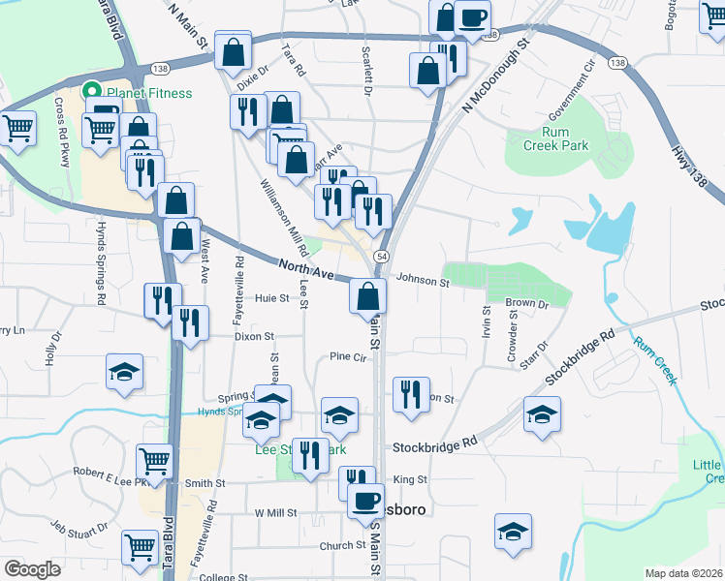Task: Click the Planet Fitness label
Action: point(149,93)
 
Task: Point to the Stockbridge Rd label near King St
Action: point(435,446)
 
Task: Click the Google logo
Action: point(32,568)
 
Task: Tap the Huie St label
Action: point(271,298)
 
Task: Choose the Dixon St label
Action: point(255,337)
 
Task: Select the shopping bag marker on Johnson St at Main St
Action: point(367,297)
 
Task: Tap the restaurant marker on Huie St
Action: point(161,301)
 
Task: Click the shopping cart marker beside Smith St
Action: point(154,461)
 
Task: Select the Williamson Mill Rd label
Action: point(280,212)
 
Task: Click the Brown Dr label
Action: point(527,303)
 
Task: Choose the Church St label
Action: point(343,546)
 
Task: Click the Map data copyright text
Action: point(684,572)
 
